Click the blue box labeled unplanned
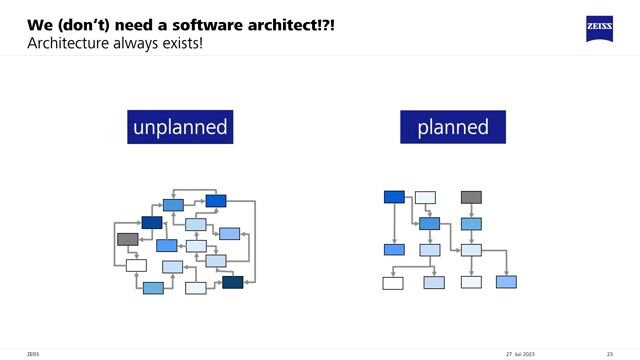click(180, 127)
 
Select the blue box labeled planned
click(453, 127)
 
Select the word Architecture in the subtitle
click(68, 44)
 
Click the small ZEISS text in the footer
click(32, 353)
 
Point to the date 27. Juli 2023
click(523, 353)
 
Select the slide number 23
click(609, 353)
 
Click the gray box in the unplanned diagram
click(127, 239)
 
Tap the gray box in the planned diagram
click(471, 197)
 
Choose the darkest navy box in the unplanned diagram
click(233, 282)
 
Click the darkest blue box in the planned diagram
click(394, 197)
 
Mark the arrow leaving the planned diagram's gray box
click(471, 210)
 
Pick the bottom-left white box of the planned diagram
click(393, 283)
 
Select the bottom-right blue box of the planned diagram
click(507, 282)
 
